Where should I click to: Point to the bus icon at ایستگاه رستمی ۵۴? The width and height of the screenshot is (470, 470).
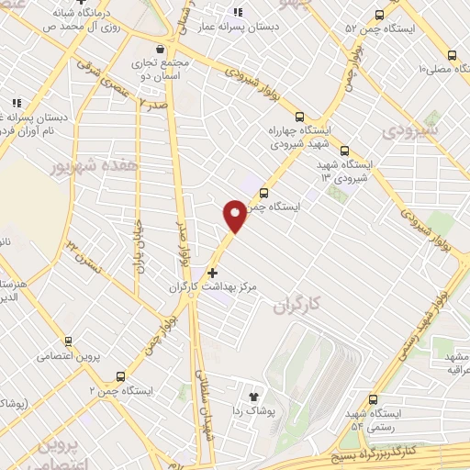pos(373,399)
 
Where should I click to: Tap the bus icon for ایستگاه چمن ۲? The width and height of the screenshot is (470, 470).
pos(120,375)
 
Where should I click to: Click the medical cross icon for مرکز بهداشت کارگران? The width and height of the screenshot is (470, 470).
pos(213,273)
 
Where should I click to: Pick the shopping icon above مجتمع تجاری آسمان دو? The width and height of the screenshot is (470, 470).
pos(160,48)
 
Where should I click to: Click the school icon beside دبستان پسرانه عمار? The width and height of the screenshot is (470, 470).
pos(237,13)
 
